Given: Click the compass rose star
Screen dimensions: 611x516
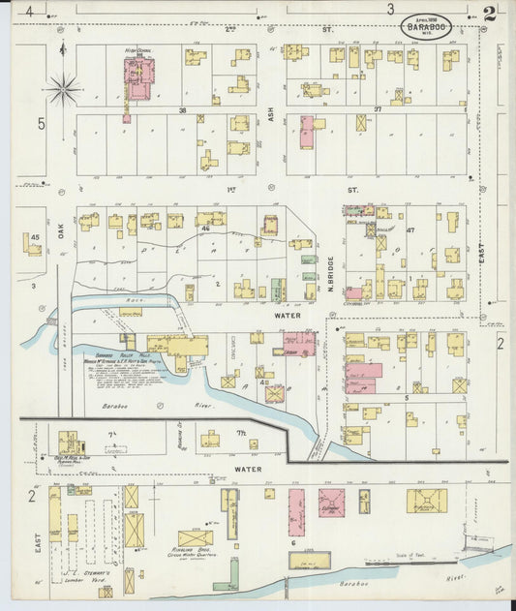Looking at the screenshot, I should (x=64, y=90).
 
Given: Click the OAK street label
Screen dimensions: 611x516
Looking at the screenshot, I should (x=59, y=232).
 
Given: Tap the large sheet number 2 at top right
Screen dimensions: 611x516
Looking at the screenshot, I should (x=490, y=14).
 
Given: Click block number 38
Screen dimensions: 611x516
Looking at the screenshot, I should (x=181, y=110).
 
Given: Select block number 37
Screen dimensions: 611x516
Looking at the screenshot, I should (x=379, y=110).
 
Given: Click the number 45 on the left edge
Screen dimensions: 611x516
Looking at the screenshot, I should (x=35, y=237).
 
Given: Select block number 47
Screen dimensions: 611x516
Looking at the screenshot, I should (x=410, y=230).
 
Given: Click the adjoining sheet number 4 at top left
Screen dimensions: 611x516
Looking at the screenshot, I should (x=30, y=11).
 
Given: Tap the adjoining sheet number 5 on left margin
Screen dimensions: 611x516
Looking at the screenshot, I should (x=42, y=124).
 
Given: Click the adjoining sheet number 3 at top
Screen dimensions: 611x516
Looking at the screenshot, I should (x=390, y=9).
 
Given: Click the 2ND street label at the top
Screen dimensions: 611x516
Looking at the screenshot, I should (x=230, y=30).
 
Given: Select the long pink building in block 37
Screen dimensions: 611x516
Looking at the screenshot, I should (x=307, y=132).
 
